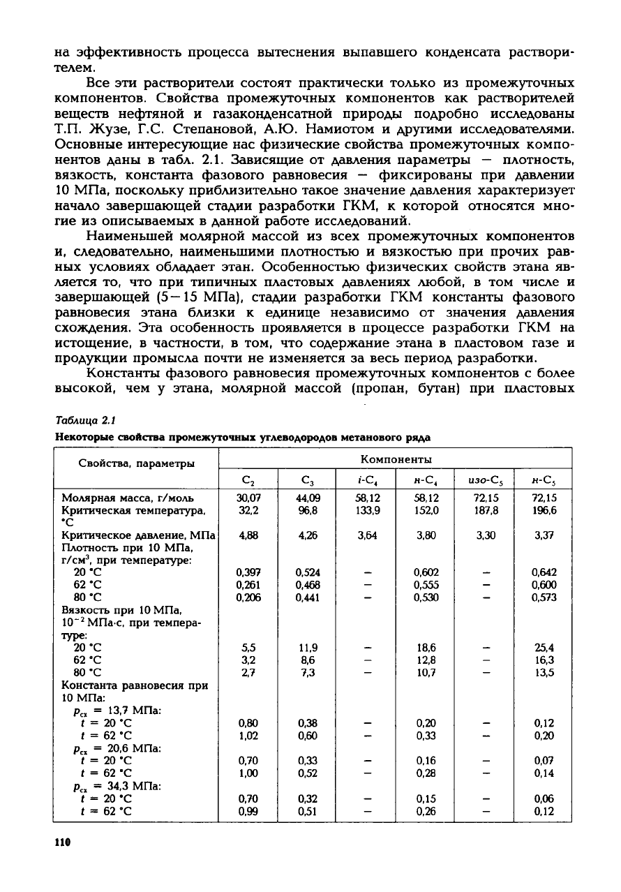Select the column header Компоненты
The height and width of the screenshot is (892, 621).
click(396, 459)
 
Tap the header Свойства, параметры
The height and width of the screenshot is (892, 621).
click(136, 463)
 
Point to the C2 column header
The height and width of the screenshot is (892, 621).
click(248, 480)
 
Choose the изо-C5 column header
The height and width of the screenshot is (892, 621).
click(484, 480)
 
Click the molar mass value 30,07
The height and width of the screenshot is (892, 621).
click(248, 498)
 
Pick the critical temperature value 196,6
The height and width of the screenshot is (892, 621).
click(543, 510)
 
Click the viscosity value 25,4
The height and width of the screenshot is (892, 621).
click(543, 647)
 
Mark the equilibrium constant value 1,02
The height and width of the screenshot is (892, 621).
click(248, 735)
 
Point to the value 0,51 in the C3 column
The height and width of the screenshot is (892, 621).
click(307, 812)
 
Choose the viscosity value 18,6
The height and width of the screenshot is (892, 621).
click(426, 647)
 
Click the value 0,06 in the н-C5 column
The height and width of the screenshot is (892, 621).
click(543, 799)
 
